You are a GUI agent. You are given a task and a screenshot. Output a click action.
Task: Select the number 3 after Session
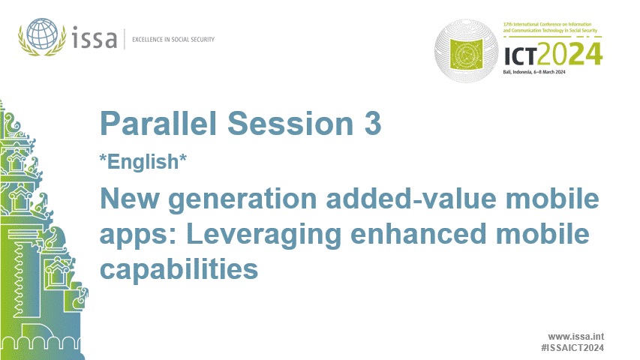[x=372, y=124]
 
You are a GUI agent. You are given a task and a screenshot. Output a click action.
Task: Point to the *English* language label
[x=142, y=160]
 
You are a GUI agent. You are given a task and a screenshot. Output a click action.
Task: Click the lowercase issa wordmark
[x=96, y=37]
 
